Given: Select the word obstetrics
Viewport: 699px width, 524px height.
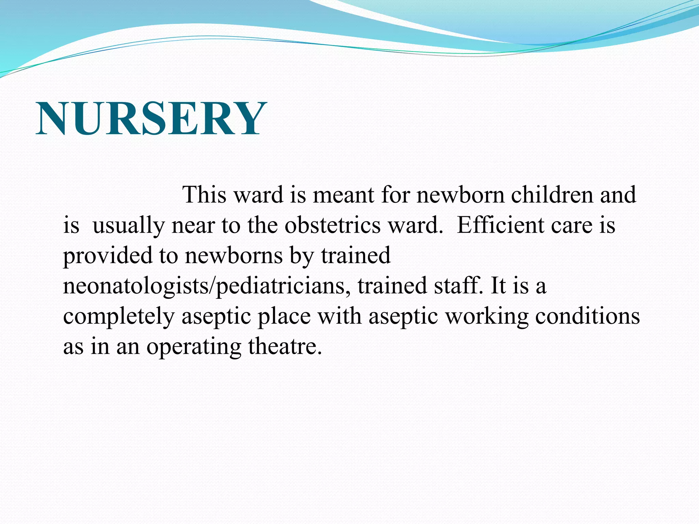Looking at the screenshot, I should pyautogui.click(x=332, y=225).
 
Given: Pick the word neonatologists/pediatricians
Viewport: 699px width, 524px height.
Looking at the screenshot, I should pyautogui.click(x=206, y=286).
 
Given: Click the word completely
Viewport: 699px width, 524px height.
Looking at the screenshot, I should pyautogui.click(x=118, y=317).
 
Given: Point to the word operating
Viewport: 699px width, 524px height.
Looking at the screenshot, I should pyautogui.click(x=194, y=347).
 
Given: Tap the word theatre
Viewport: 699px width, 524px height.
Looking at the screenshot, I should pyautogui.click(x=285, y=346).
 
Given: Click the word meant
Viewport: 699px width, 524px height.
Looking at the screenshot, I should pyautogui.click(x=343, y=195).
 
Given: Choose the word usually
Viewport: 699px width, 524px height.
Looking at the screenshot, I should pyautogui.click(x=128, y=226).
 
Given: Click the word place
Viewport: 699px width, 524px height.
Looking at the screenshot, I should pyautogui.click(x=284, y=317).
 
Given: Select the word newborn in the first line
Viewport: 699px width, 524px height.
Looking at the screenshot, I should pyautogui.click(x=460, y=195).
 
